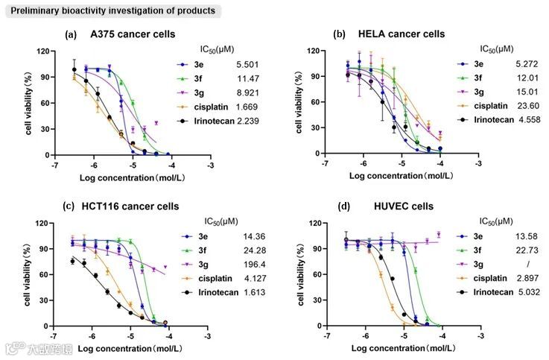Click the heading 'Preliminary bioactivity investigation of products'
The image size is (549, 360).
(x=110, y=10)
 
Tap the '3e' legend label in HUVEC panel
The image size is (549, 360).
(x=479, y=236)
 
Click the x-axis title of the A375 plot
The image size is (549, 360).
(x=126, y=177)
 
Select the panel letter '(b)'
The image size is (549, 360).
(x=339, y=35)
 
